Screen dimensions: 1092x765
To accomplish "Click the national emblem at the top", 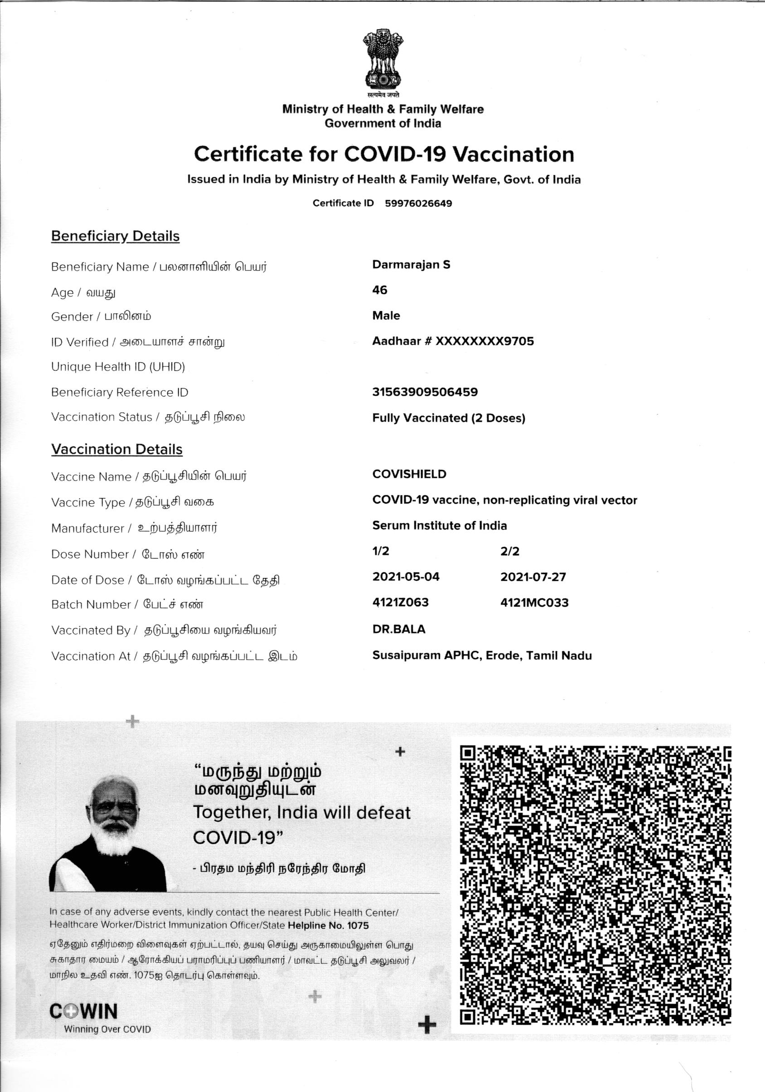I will (382, 60).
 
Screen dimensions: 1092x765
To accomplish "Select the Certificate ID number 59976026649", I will (418, 204).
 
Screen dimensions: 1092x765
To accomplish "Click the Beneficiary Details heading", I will (115, 236).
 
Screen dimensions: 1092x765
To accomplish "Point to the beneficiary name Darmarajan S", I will (411, 265).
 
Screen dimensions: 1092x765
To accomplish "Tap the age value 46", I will (379, 290).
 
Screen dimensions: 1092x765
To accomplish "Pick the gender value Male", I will (386, 316).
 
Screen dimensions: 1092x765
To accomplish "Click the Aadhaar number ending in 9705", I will (453, 341).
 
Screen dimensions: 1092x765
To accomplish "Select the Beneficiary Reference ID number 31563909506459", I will (425, 392).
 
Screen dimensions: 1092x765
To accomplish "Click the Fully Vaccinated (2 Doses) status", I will (448, 418).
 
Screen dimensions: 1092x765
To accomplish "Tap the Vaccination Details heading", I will (116, 449).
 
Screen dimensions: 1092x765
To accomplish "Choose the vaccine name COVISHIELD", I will (409, 474).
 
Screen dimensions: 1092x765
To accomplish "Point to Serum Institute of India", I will (439, 526).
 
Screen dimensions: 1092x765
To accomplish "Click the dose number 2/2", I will (509, 551).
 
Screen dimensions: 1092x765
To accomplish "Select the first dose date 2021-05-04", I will (406, 577).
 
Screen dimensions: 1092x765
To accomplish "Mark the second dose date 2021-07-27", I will (533, 577).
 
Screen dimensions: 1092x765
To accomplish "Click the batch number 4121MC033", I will (534, 603).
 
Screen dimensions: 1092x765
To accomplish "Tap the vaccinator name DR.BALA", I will (398, 629).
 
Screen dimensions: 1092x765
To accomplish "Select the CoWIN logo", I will (84, 1012).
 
